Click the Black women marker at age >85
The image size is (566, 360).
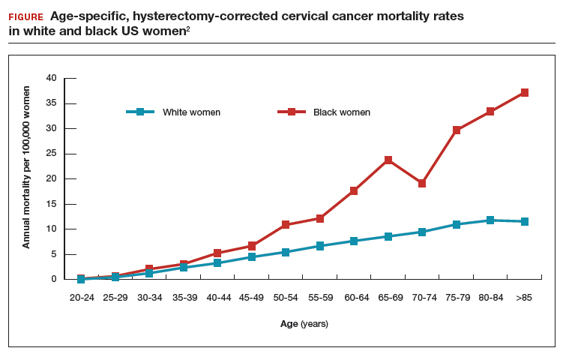coord(525,93)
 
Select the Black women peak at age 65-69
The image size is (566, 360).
coord(388,160)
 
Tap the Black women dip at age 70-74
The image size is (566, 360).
coord(422,183)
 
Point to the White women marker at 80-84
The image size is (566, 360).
coord(490,220)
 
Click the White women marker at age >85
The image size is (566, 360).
coord(525,222)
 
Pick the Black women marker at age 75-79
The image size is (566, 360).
coord(457,130)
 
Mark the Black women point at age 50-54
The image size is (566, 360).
coord(286,225)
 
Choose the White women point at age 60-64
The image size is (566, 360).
coord(354,241)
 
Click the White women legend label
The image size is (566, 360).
coord(191,112)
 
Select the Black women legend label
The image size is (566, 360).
coord(342,112)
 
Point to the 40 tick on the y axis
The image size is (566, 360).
coord(51,78)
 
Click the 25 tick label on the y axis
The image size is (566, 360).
coord(51,154)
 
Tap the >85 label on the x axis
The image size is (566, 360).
coord(525,297)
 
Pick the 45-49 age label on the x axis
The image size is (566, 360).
coord(252,297)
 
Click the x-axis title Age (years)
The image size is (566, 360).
coord(304,325)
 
